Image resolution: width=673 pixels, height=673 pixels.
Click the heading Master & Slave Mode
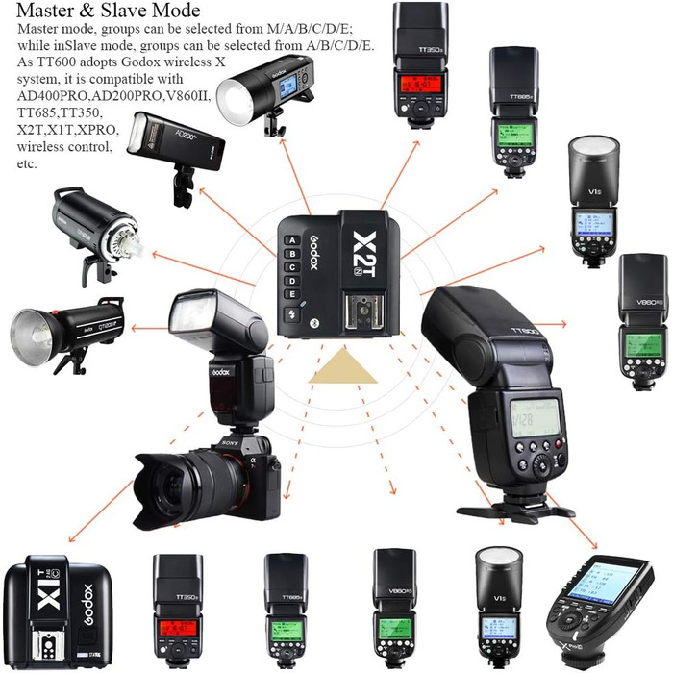[x=109, y=12]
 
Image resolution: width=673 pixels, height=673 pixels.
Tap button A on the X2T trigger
[x=289, y=241]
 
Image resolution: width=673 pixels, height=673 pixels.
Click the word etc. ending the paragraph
[x=28, y=164]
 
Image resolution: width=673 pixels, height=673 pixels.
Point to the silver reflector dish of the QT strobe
[x=35, y=327]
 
